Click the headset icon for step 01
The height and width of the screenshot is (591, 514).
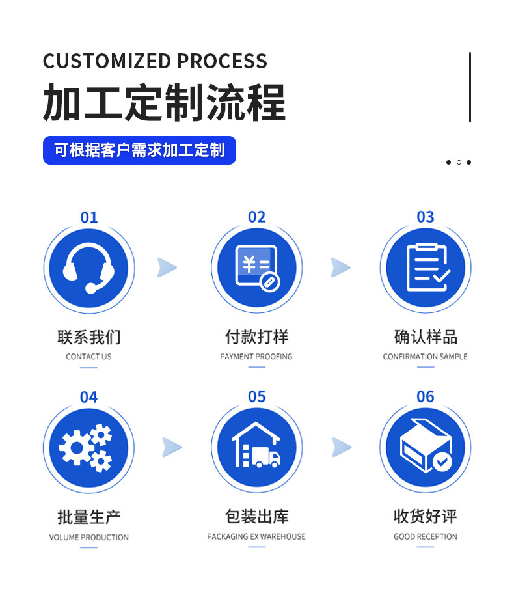click(x=89, y=268)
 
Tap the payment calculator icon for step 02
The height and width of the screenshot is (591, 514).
click(x=256, y=268)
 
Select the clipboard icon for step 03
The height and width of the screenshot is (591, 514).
click(x=425, y=268)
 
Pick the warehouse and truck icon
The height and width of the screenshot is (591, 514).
click(x=256, y=448)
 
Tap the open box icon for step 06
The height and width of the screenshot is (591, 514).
click(x=425, y=448)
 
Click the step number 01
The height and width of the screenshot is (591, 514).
click(x=89, y=217)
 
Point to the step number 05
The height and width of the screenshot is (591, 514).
click(x=257, y=396)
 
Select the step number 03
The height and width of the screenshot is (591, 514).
click(x=425, y=217)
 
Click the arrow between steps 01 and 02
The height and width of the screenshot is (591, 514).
click(x=167, y=268)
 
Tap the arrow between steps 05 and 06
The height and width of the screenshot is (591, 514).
click(x=342, y=447)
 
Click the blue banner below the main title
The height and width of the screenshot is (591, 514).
click(x=139, y=150)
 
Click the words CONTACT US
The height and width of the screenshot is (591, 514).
click(x=88, y=357)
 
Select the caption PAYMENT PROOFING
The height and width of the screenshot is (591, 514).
click(x=256, y=357)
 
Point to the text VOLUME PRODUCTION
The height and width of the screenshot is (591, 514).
click(x=89, y=537)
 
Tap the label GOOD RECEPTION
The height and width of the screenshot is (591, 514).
click(x=425, y=536)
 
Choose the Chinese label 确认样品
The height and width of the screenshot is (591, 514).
click(x=426, y=337)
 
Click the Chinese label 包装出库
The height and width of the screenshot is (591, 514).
click(x=256, y=517)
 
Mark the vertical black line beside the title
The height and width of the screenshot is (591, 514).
click(x=470, y=87)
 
